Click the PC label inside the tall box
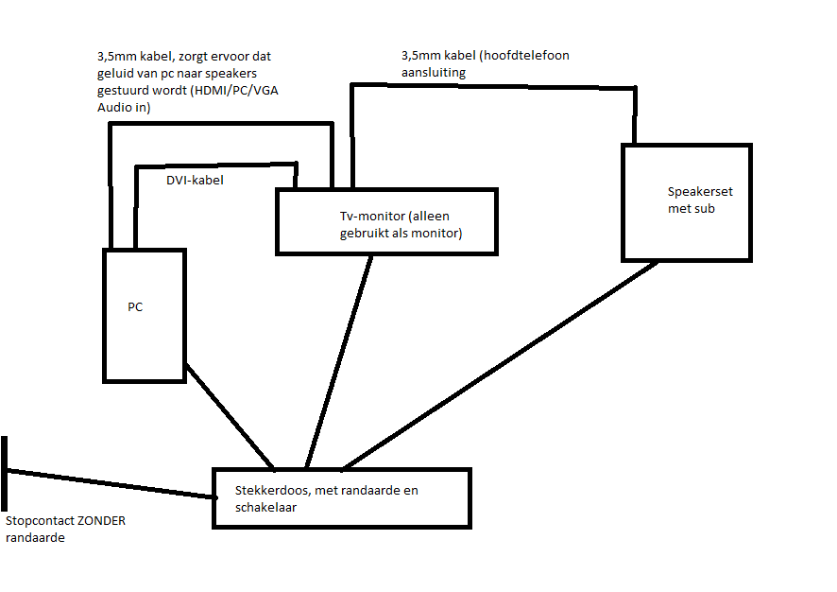pos(135,307)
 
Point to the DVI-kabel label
pos(195,180)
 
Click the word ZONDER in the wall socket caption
pos(103,520)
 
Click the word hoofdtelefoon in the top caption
pos(524,56)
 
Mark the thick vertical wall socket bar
pos(6,472)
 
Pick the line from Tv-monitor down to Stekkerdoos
pos(339,359)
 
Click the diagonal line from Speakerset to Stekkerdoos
pos(501,364)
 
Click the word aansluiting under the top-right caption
pos(434,72)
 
